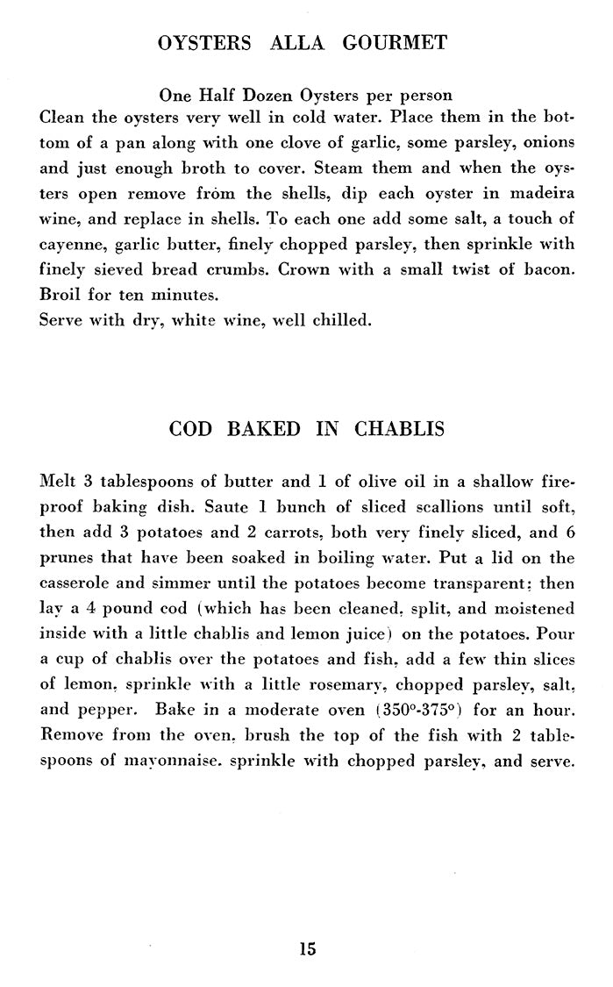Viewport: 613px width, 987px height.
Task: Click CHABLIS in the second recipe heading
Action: [x=399, y=429]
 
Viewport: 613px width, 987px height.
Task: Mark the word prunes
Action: [x=68, y=559]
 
